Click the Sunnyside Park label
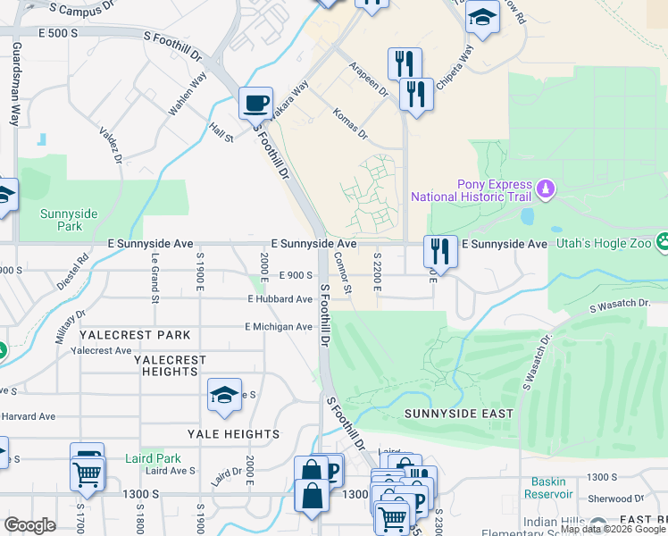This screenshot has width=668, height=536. coord(68,220)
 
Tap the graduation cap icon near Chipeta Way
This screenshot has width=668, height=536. coord(482,19)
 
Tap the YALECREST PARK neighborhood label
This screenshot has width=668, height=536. coord(135,335)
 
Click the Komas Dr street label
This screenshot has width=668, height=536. coord(349,123)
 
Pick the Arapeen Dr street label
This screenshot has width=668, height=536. coord(370,78)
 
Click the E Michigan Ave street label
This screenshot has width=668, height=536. coord(279,327)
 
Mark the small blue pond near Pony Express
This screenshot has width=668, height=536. coord(527,216)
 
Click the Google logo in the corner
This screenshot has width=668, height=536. coord(30,525)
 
